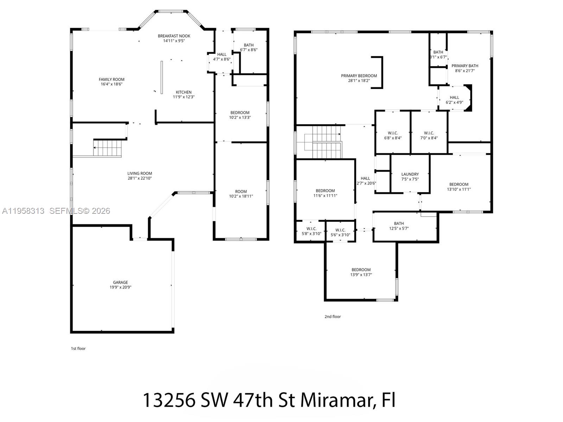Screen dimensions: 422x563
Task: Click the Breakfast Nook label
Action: pos(174,36)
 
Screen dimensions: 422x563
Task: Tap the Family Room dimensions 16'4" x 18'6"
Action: pos(112,84)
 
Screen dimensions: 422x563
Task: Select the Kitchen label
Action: pos(184,92)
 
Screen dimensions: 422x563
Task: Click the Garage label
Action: pos(120,282)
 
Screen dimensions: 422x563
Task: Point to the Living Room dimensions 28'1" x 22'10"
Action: pos(140,178)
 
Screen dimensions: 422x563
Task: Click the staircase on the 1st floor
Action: pos(107,148)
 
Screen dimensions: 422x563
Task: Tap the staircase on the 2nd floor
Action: pos(327,142)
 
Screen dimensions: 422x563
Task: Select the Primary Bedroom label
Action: pos(359,76)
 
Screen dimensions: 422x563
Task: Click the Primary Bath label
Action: pos(465,66)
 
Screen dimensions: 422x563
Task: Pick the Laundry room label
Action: pos(410,174)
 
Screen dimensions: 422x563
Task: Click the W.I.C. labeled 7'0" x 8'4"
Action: pos(429,135)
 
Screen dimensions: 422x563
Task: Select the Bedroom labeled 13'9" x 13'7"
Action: pos(361,272)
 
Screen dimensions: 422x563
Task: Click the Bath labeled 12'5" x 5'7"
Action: pos(399,226)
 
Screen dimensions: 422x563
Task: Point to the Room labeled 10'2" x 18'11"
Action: pos(241,194)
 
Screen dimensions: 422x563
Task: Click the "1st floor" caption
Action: pos(78,349)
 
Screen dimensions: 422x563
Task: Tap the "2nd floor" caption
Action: pos(333,316)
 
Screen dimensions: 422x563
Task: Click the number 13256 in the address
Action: pos(169,400)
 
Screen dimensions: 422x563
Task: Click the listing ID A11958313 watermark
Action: pos(23,211)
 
